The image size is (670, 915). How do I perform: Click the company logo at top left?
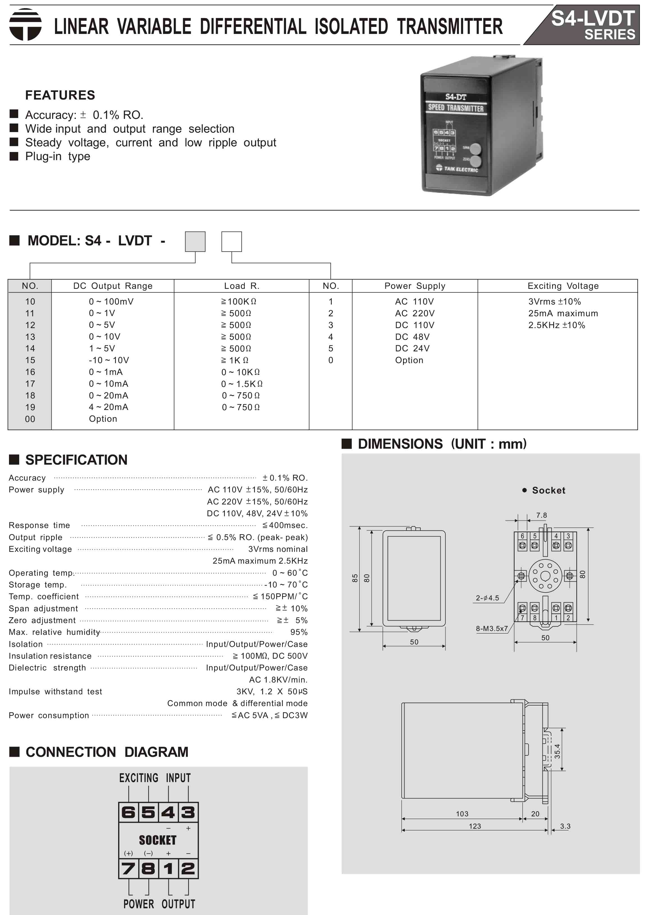click(25, 25)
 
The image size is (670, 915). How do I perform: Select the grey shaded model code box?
click(195, 241)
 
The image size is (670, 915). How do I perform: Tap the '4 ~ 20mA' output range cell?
click(108, 407)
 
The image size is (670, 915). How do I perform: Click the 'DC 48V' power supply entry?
click(412, 337)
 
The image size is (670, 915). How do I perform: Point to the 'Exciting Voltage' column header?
click(562, 286)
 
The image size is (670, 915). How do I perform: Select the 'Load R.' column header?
click(241, 286)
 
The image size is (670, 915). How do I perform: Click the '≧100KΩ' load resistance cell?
click(239, 301)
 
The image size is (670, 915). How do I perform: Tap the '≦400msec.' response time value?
click(285, 525)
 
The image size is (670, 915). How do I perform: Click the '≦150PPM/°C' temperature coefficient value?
click(280, 596)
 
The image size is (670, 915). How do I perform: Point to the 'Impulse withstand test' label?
click(55, 691)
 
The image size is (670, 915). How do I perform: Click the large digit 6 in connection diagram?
click(128, 812)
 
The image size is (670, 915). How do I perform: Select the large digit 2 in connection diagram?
click(188, 868)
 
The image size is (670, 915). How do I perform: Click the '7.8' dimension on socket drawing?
click(541, 515)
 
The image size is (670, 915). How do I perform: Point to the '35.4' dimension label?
click(557, 751)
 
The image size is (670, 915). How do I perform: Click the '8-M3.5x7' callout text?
click(491, 628)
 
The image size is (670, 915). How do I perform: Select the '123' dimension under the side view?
click(475, 826)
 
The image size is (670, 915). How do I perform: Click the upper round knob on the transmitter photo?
click(475, 149)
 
